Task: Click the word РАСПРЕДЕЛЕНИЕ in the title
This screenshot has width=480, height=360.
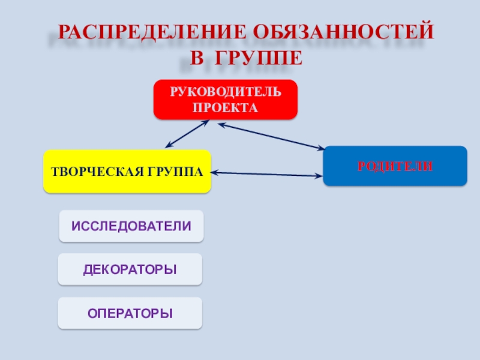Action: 151,31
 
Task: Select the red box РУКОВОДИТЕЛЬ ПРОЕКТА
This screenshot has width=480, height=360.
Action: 226,100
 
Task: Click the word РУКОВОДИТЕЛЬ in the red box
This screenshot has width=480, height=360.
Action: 226,91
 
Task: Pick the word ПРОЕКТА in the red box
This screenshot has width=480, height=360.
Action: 226,109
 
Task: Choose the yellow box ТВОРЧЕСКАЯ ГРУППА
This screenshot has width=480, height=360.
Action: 127,172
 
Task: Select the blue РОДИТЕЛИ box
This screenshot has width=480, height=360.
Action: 395,166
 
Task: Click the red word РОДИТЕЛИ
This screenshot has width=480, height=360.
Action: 395,166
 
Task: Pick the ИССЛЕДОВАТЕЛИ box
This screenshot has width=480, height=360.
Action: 131,226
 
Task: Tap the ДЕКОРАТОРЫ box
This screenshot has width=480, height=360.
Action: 130,269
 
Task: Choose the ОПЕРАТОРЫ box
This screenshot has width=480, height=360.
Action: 130,313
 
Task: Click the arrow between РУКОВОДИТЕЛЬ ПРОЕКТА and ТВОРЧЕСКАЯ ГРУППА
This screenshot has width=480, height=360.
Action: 187,134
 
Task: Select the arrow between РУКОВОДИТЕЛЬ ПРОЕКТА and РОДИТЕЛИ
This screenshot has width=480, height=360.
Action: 271,136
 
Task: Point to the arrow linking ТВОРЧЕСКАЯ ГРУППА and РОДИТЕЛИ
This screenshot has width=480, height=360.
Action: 267,174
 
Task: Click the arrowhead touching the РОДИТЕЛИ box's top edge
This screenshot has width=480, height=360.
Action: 319,148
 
